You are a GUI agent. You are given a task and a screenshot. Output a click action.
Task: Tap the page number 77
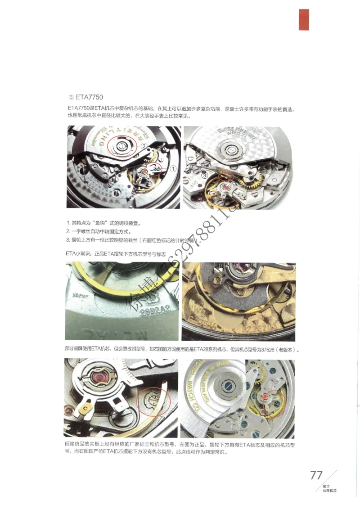(x=316, y=475)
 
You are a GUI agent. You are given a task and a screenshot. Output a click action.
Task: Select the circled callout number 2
(x=144, y=146)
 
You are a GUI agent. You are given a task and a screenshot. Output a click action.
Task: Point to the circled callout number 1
(x=173, y=168)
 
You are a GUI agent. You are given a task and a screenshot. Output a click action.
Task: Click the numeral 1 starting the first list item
(x=67, y=223)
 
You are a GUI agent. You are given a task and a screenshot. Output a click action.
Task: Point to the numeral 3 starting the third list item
(x=67, y=239)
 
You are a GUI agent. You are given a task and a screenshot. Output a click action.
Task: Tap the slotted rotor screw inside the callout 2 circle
(x=122, y=145)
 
